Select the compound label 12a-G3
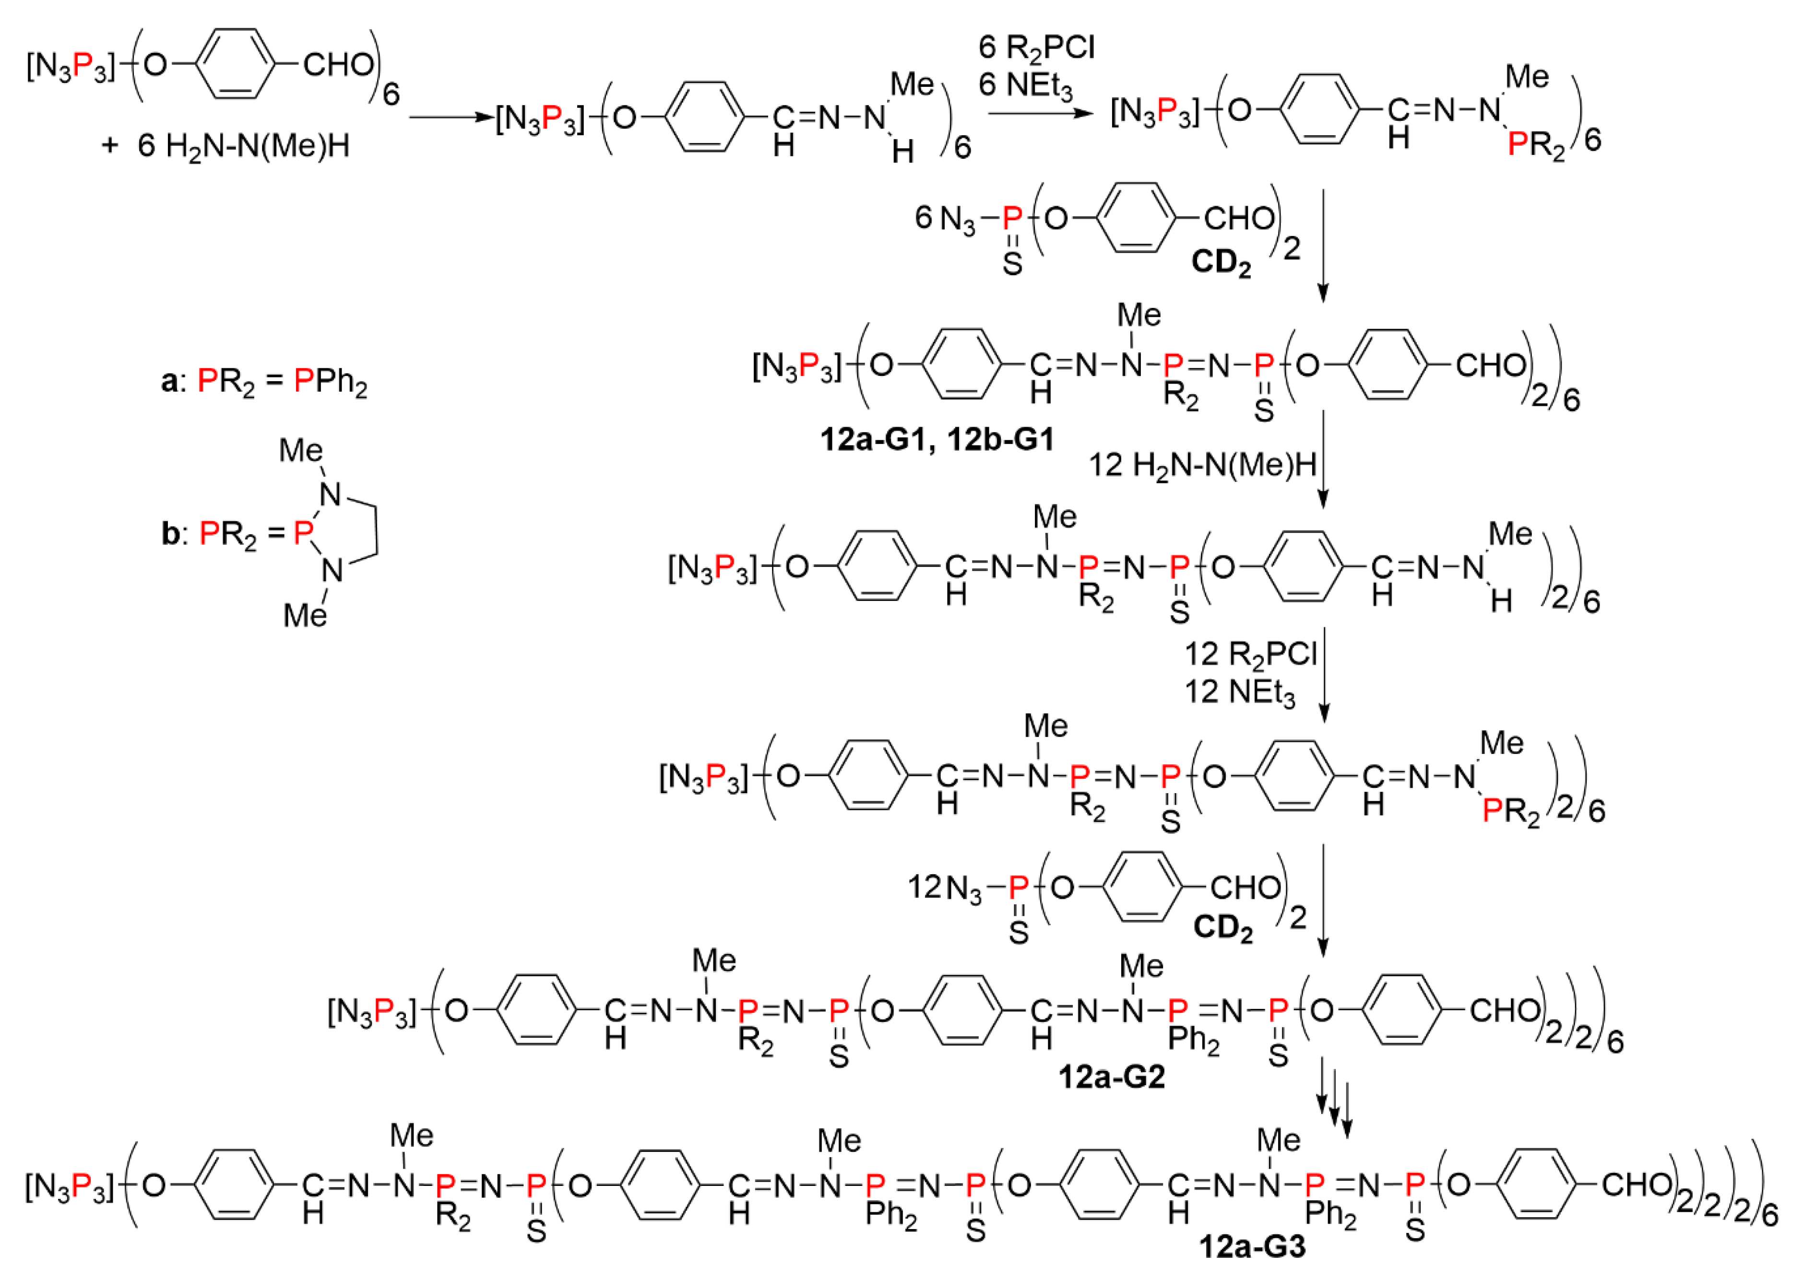pyautogui.click(x=1252, y=1247)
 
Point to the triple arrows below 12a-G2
pyautogui.click(x=1334, y=1096)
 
